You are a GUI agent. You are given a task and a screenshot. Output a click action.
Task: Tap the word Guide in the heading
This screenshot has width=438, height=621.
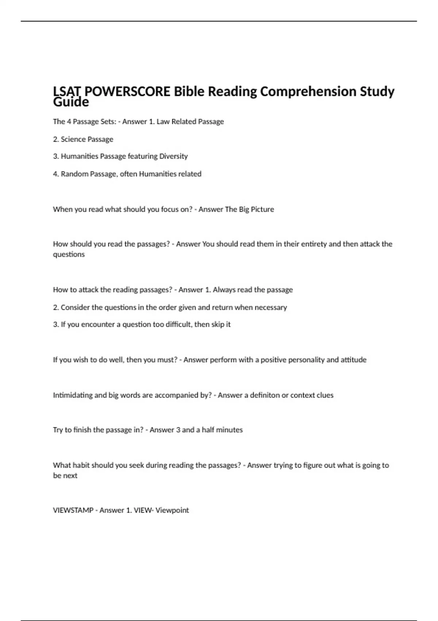click(x=71, y=102)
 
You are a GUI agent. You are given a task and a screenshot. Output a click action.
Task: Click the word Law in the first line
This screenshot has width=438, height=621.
click(x=163, y=122)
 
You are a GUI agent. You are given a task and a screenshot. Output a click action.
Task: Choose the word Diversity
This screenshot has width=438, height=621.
click(x=173, y=156)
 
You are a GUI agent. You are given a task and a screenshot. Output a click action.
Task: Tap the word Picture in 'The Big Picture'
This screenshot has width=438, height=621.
click(x=262, y=209)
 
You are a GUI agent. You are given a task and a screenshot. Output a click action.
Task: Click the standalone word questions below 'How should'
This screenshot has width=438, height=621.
click(x=69, y=254)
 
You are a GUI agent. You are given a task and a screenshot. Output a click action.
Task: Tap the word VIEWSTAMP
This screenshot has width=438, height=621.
click(x=73, y=510)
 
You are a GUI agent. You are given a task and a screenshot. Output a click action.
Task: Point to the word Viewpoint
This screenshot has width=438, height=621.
click(x=172, y=510)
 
